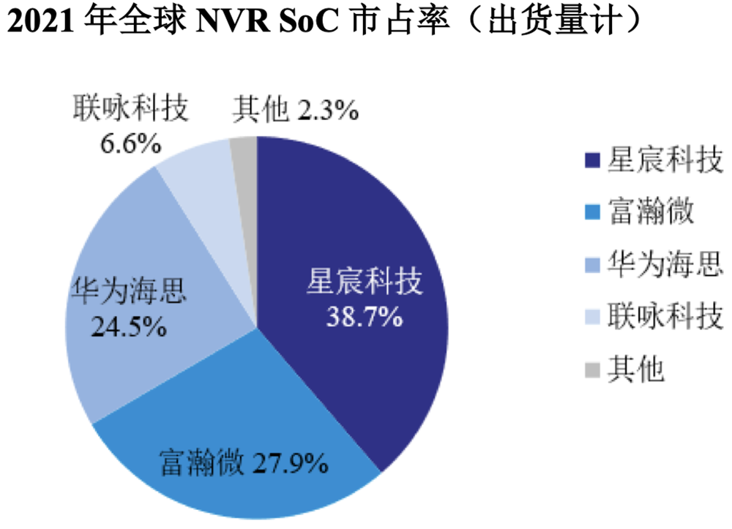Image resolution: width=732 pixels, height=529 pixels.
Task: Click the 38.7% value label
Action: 365,317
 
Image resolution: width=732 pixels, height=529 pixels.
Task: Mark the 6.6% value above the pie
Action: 130,143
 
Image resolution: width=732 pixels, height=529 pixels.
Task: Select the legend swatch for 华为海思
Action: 592,264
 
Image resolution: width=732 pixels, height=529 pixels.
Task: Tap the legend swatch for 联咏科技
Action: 592,318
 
